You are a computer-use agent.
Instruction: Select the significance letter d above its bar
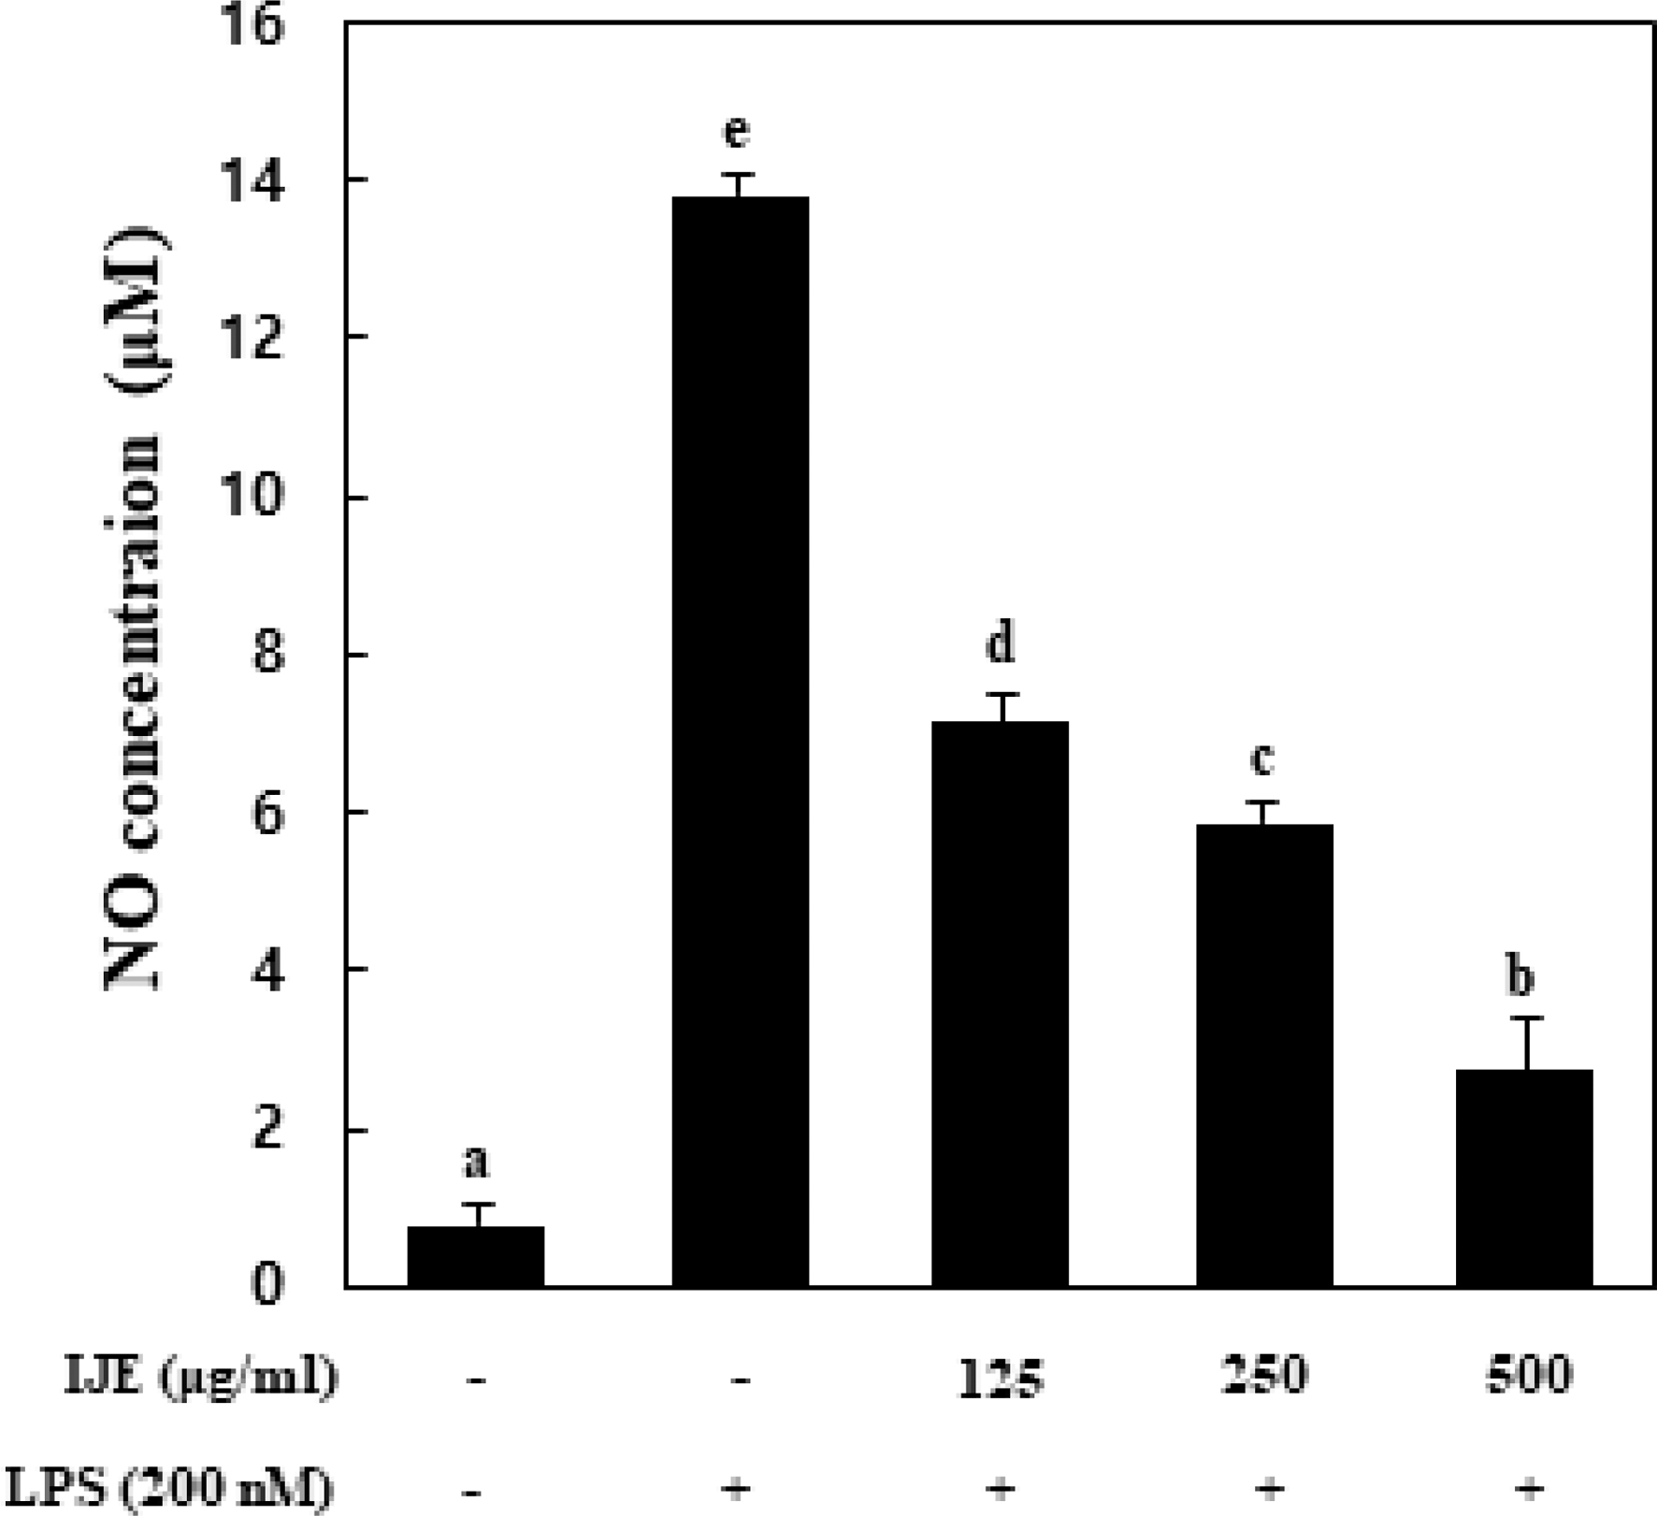(1001, 643)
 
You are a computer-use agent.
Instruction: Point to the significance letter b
(1520, 976)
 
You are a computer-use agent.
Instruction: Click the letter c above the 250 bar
(1262, 758)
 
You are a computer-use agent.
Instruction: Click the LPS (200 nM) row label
(168, 1487)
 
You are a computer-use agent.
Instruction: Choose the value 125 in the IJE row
(1001, 1378)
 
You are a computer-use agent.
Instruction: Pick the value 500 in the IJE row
(1528, 1375)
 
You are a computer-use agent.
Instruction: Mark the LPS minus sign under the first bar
(476, 1488)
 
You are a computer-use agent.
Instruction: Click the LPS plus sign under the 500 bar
(1528, 1487)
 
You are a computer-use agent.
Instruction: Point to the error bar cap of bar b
(1527, 1018)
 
